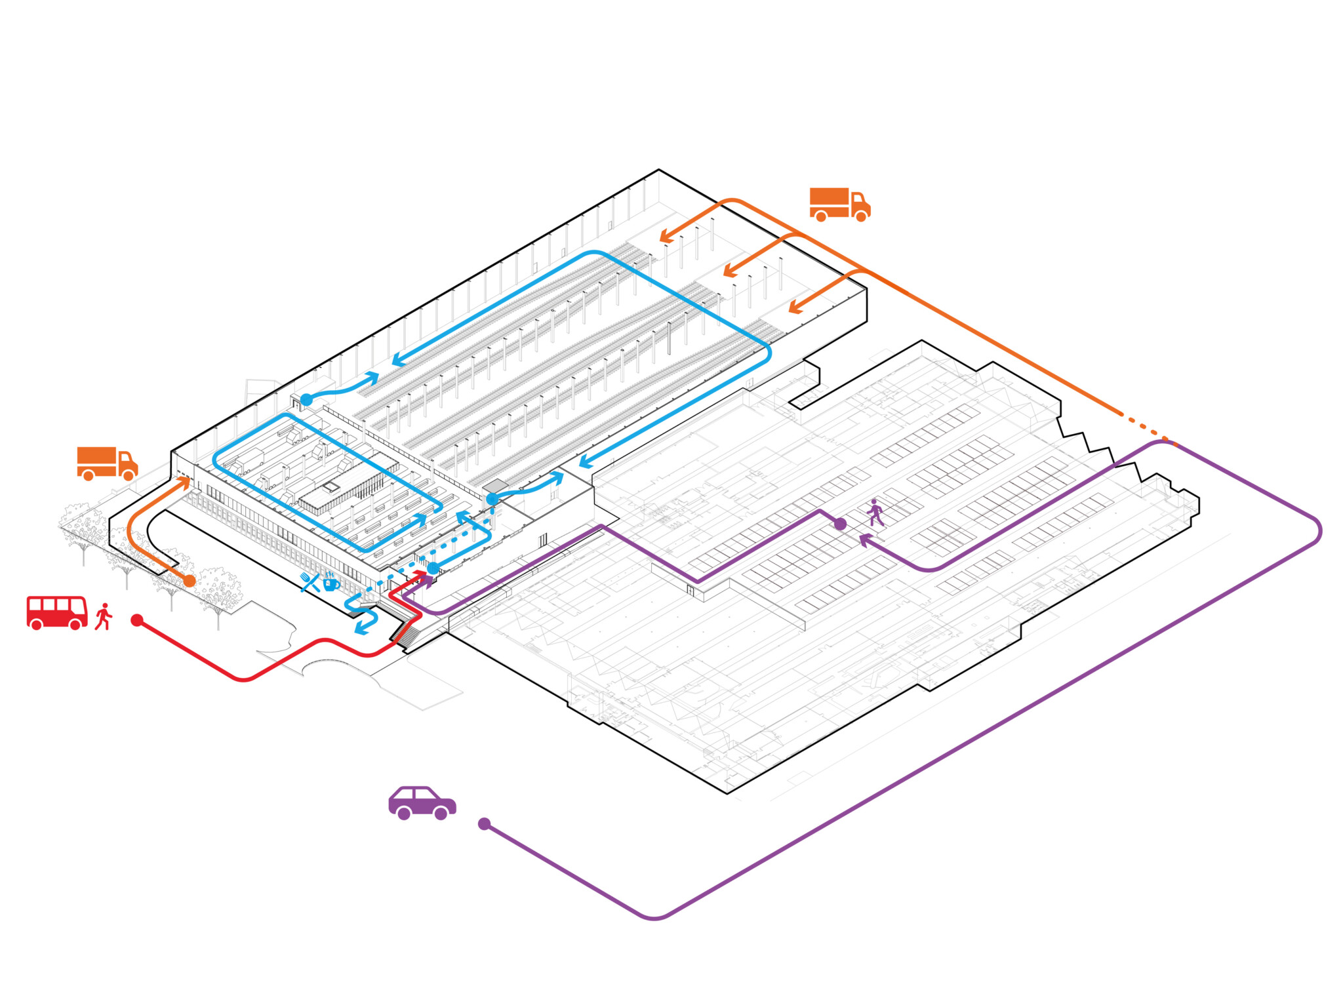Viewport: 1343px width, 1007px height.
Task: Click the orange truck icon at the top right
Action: [x=839, y=205]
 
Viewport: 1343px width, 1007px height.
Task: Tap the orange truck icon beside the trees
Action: [x=107, y=464]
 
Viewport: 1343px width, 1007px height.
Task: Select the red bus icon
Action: [x=57, y=613]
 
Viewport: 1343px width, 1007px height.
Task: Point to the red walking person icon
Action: [x=104, y=617]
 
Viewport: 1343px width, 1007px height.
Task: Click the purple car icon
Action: [x=422, y=802]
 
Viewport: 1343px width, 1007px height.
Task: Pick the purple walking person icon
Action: [x=875, y=513]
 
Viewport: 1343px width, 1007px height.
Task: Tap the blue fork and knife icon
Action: [x=310, y=582]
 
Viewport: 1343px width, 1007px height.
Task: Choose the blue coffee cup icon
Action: [x=331, y=581]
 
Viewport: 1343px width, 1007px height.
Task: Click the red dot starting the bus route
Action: [x=137, y=620]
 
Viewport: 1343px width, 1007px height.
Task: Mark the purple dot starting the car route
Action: [x=485, y=824]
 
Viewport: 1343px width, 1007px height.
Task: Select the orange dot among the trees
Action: [x=190, y=581]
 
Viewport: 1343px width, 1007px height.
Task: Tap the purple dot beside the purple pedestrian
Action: [x=840, y=524]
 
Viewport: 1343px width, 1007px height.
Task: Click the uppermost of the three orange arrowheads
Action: [x=666, y=236]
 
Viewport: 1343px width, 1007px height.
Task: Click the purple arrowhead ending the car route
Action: [x=865, y=540]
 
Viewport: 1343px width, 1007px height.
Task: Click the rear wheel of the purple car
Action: [x=404, y=814]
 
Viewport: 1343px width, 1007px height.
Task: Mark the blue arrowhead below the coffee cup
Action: [x=361, y=629]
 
